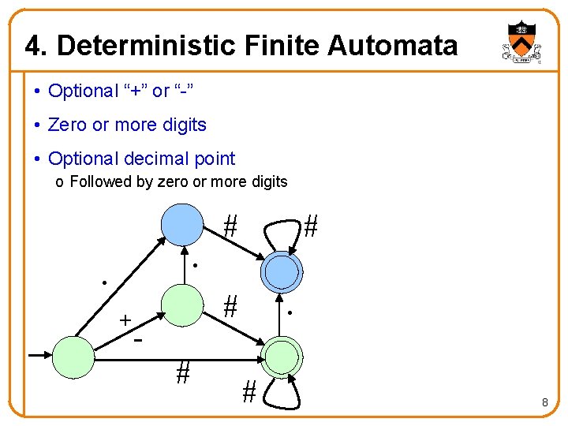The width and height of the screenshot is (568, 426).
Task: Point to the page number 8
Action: (x=544, y=403)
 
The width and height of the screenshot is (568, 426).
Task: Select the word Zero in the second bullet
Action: (x=65, y=125)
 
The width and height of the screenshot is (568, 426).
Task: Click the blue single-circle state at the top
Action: (x=182, y=225)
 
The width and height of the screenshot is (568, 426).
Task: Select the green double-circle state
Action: (x=282, y=357)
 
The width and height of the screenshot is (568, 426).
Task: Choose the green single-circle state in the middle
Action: (x=182, y=305)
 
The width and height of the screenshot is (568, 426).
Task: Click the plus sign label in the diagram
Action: (x=125, y=320)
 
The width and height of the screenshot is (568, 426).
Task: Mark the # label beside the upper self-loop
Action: (x=311, y=227)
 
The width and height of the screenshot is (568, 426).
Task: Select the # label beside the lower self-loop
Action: (x=249, y=390)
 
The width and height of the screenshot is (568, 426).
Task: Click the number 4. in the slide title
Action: (x=34, y=46)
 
